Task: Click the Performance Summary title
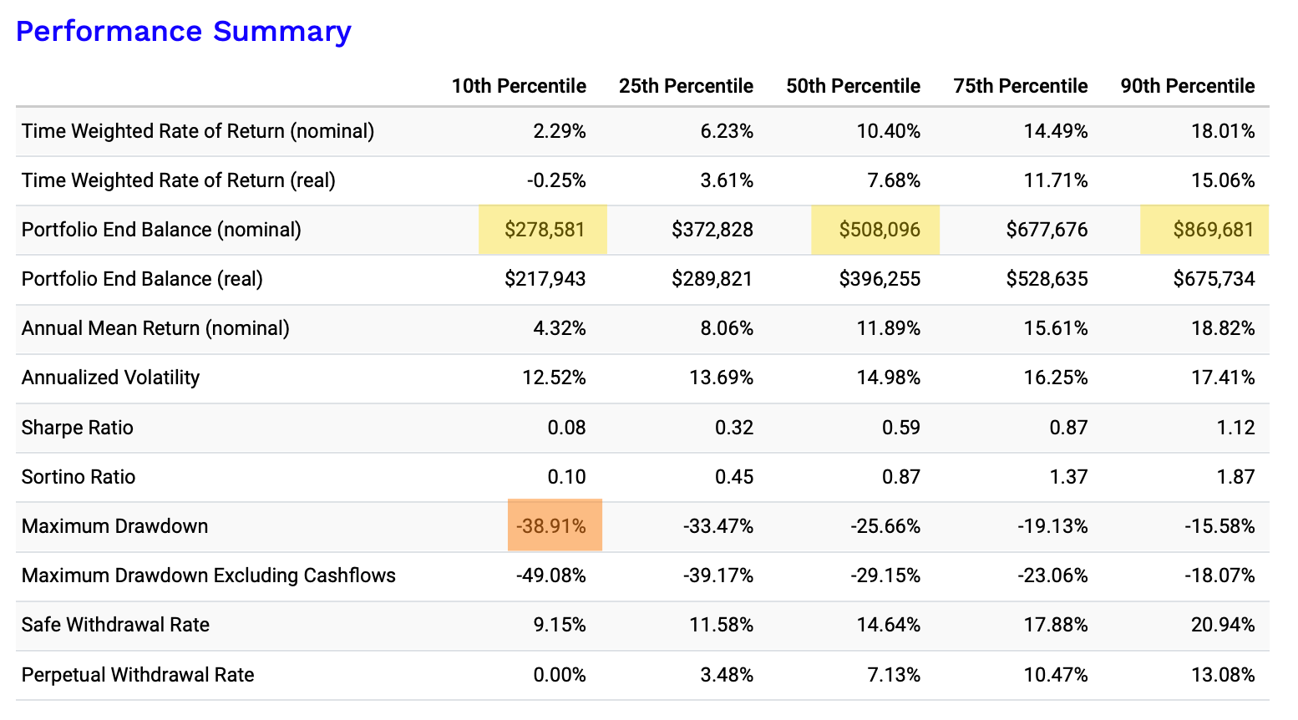click(x=183, y=31)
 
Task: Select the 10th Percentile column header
click(x=519, y=86)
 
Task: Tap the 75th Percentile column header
click(x=1021, y=86)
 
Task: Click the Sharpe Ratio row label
click(x=77, y=428)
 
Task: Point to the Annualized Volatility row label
click(x=110, y=378)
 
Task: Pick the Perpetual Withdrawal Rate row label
click(x=138, y=675)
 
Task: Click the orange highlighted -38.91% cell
click(x=555, y=525)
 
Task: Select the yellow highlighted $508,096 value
click(x=875, y=230)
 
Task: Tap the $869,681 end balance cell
click(x=1204, y=230)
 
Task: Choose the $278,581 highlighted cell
click(x=543, y=230)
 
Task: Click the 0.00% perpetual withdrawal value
click(x=560, y=675)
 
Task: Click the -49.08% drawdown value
click(x=551, y=575)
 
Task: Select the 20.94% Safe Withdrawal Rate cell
click(x=1223, y=625)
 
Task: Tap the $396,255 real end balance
click(x=880, y=279)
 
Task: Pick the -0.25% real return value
click(x=556, y=180)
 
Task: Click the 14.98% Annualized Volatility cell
click(x=889, y=378)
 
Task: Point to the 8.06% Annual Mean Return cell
click(x=727, y=328)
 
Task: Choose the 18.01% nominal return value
click(x=1223, y=131)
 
